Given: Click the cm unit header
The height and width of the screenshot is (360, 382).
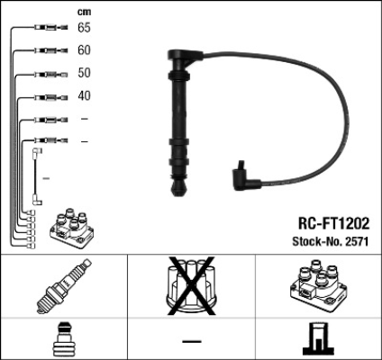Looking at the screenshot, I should click(x=84, y=12).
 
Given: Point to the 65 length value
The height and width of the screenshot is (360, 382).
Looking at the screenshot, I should click(x=84, y=29).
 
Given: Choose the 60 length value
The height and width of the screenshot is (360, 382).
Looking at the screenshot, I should click(x=84, y=51).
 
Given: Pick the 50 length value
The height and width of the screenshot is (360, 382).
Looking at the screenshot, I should click(x=84, y=74).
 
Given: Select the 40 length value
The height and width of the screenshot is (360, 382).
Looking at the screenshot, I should click(x=84, y=96).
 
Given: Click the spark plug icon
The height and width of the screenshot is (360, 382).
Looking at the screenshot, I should click(x=63, y=287).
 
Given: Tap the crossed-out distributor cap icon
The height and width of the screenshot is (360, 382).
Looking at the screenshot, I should click(x=190, y=286).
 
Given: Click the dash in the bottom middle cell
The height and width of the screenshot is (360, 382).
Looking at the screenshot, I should click(x=190, y=341).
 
